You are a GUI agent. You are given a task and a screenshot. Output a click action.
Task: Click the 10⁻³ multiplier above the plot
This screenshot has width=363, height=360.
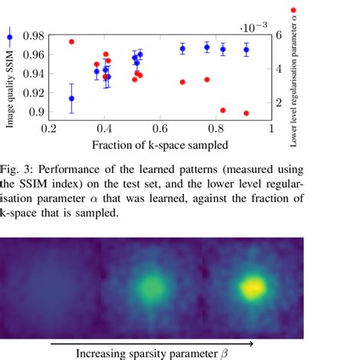click(x=253, y=27)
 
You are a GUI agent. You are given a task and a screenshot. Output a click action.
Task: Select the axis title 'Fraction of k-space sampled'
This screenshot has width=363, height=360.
click(x=159, y=144)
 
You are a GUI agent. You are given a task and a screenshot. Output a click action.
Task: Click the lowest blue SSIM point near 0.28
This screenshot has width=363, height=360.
click(x=71, y=98)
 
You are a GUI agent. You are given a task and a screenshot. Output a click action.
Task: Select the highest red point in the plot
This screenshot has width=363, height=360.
click(x=71, y=41)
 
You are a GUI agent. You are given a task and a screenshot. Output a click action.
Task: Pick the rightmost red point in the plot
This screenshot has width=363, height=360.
click(x=246, y=113)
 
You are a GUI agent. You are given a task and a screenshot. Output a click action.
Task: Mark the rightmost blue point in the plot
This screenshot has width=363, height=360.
click(x=246, y=50)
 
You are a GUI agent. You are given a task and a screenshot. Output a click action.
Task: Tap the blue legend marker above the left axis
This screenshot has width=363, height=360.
click(x=9, y=35)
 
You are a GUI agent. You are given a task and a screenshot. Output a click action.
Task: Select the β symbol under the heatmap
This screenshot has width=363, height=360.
click(x=224, y=354)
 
